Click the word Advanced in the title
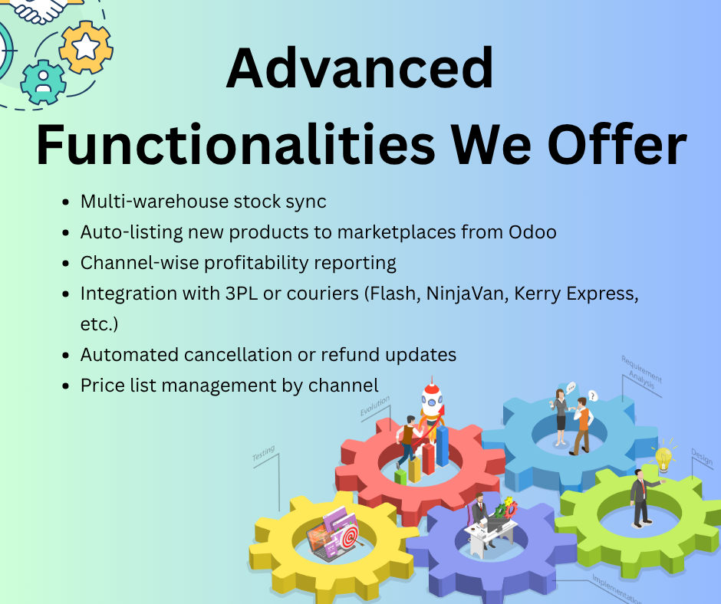pos(360,67)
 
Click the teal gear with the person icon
pos(43,83)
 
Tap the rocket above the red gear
pos(432,402)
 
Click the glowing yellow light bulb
pos(663,458)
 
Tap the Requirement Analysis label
pos(640,373)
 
